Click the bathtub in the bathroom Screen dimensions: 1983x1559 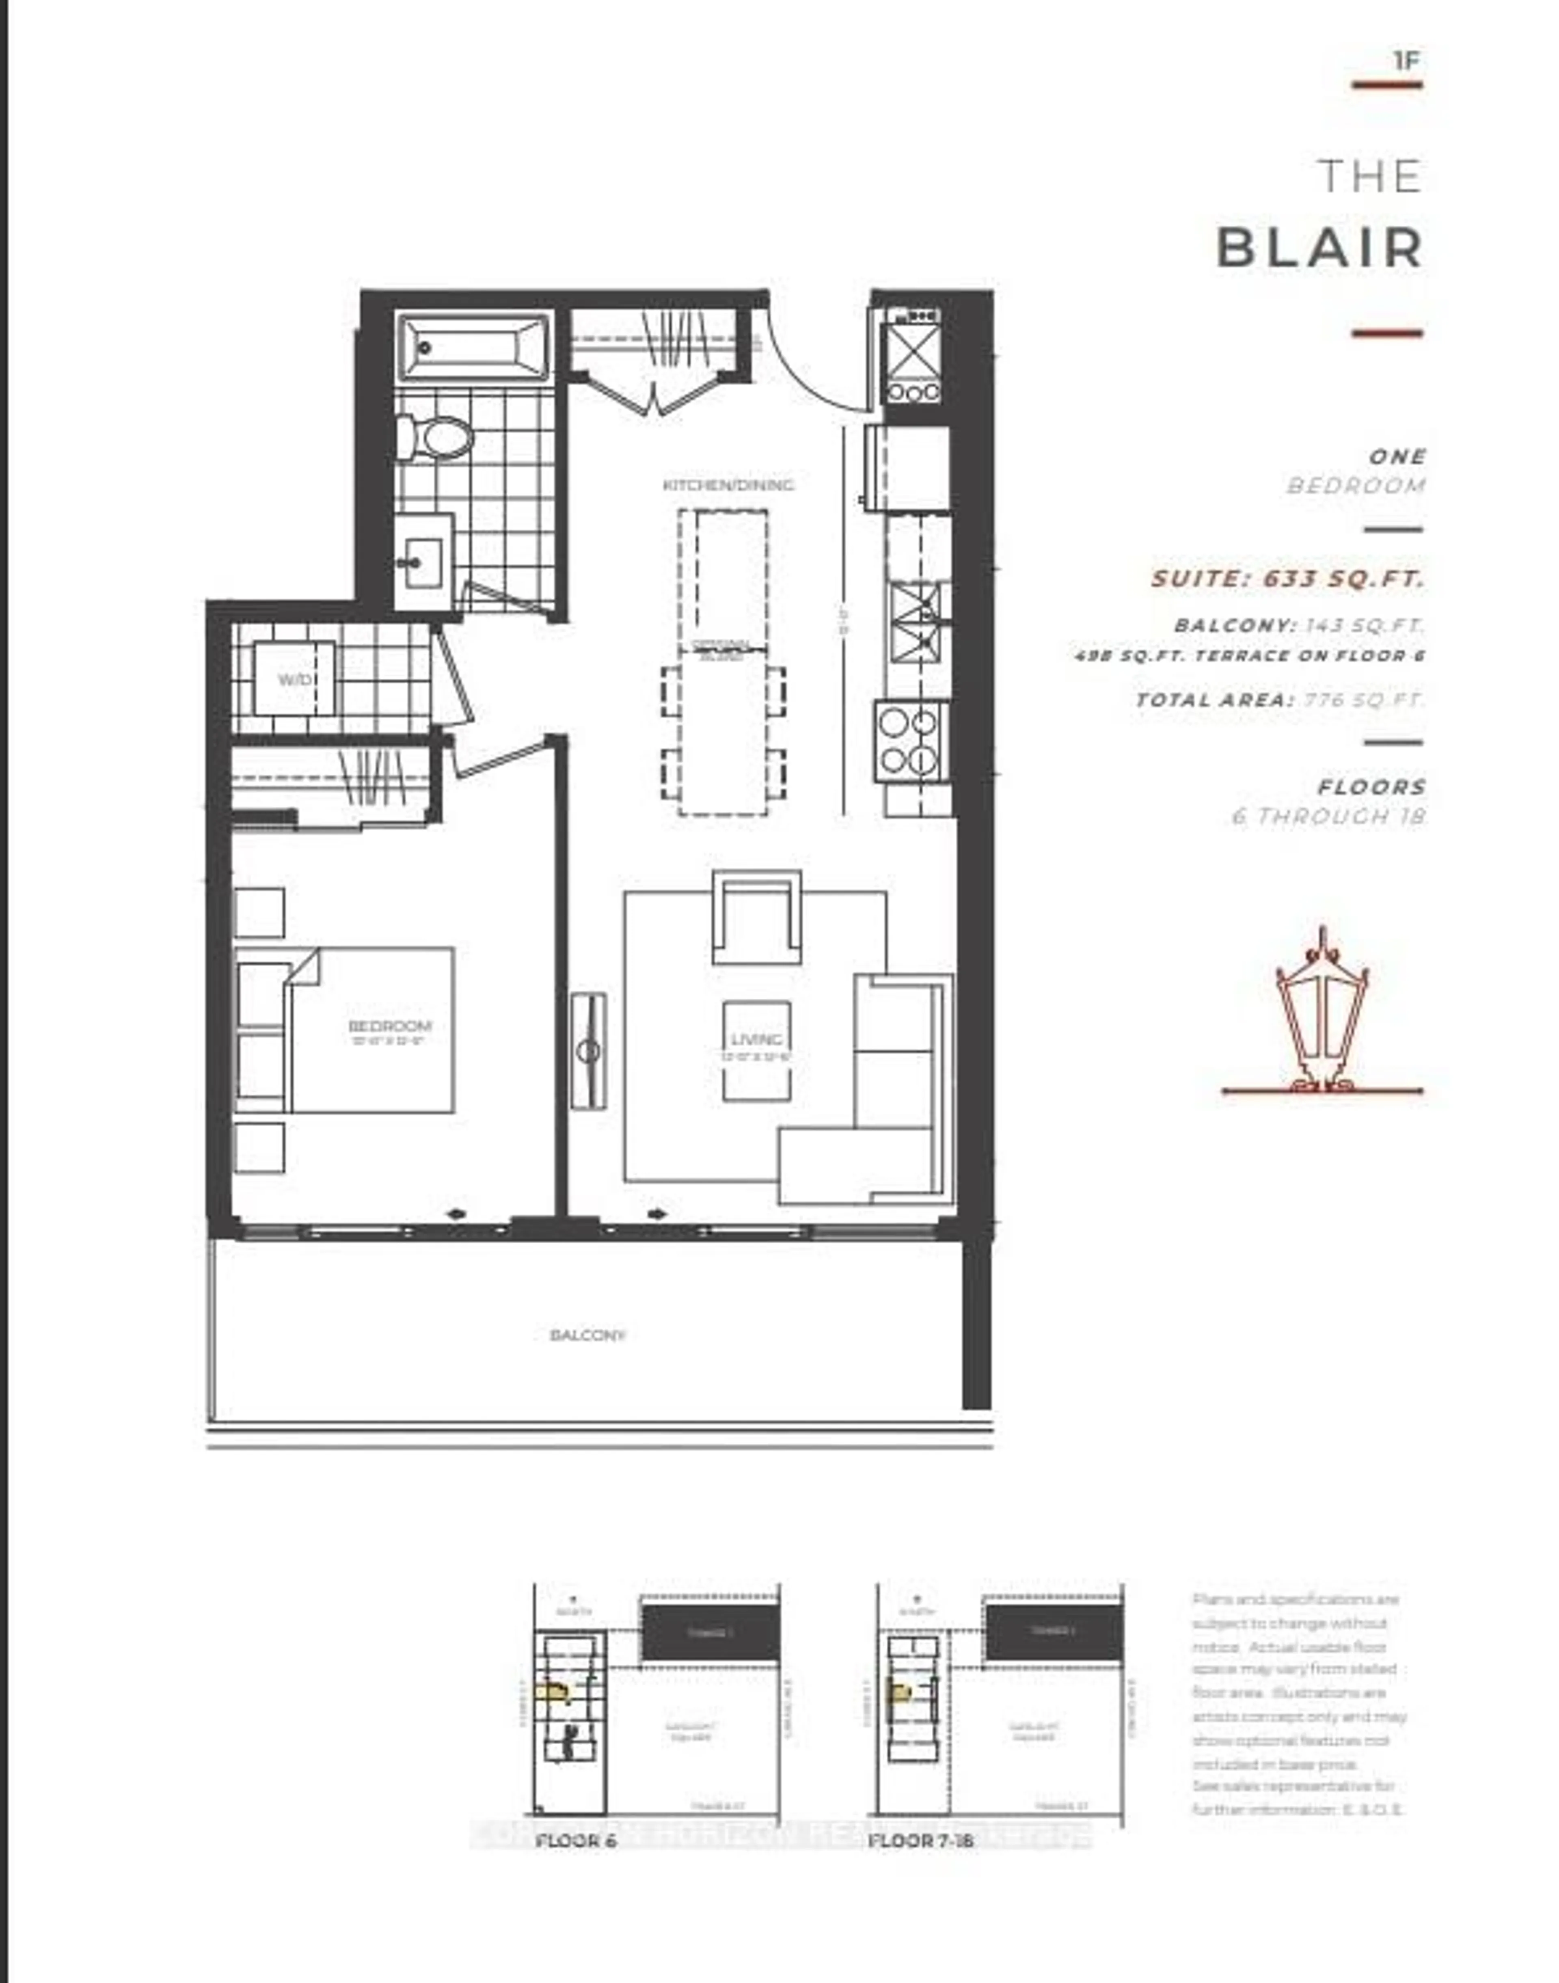tap(474, 348)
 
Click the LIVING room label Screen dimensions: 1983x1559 tap(757, 1039)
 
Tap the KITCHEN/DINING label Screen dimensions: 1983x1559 tap(728, 485)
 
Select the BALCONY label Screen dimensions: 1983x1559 tap(588, 1335)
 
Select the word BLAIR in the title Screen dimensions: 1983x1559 tap(1320, 247)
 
